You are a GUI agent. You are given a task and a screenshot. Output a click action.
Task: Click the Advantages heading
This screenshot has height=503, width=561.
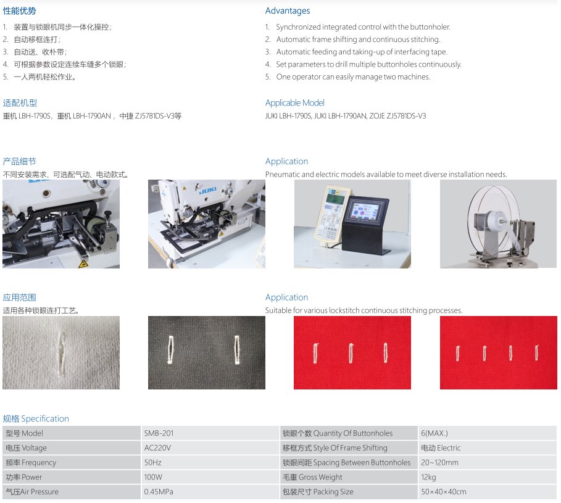coord(288,10)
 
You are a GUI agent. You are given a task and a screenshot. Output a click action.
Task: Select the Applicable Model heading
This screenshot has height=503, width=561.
coord(295,102)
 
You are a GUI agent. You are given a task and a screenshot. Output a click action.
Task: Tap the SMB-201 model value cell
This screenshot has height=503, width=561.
coord(159,433)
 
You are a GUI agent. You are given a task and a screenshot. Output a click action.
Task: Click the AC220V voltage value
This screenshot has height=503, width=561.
coord(157,448)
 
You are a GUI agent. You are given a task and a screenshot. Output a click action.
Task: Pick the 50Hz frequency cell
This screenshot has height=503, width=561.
coord(153,462)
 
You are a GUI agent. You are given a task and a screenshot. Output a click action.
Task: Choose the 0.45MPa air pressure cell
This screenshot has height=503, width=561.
coord(159,491)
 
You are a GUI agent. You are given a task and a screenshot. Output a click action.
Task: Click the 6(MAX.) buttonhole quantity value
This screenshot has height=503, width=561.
coord(434,433)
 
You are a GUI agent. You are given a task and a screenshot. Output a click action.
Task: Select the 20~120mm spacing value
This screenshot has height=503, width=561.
coord(439,462)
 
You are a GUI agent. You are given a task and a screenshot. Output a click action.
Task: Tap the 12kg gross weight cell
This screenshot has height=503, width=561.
coord(428,477)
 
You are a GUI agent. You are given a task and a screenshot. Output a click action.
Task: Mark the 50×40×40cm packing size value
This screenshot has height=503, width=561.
coord(444,491)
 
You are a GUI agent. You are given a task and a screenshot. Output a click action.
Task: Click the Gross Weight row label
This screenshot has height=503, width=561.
coord(312,477)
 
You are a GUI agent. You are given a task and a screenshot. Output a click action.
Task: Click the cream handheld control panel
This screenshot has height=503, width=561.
coord(331,215)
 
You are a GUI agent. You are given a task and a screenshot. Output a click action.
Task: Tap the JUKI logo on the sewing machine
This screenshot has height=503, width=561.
coord(208,190)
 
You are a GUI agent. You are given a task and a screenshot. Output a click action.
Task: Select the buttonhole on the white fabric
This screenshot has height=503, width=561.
coord(62,354)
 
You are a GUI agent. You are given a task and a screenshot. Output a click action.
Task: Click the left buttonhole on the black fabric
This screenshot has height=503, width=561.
coord(170,349)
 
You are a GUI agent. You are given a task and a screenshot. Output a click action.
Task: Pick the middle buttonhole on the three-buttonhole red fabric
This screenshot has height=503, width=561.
coord(351,353)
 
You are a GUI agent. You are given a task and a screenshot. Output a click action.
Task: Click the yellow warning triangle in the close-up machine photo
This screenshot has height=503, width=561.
coord(83,264)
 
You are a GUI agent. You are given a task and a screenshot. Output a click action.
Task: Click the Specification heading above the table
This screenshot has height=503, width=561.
coord(36,418)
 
